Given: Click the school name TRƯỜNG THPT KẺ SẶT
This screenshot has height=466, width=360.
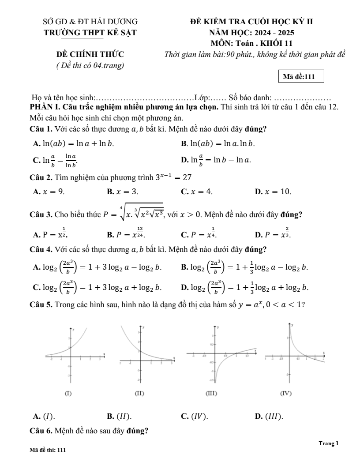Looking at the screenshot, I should click(x=90, y=33).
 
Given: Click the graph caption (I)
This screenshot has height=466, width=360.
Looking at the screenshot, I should click(x=69, y=392).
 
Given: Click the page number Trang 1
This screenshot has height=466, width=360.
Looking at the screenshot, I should click(x=328, y=443).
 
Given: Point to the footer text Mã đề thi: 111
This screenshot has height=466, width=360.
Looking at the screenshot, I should click(x=47, y=450).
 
